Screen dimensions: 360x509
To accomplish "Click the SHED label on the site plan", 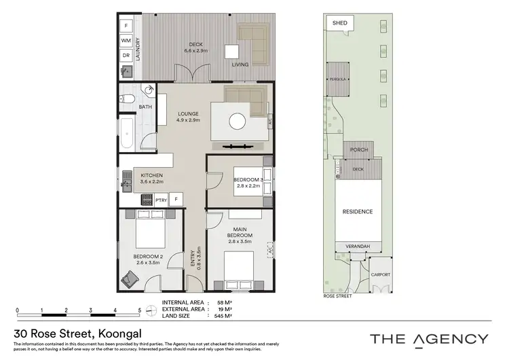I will (340, 23).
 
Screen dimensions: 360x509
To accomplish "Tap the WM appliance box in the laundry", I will (126, 41).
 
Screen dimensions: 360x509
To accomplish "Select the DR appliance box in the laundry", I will (126, 55).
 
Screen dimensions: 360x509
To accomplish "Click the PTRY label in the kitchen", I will (161, 200).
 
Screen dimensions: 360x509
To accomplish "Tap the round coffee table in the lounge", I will (237, 121).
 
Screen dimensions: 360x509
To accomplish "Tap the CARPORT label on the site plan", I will (381, 275).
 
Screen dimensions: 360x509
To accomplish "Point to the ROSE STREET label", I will (337, 297).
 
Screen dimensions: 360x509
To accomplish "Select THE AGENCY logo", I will (428, 338).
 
